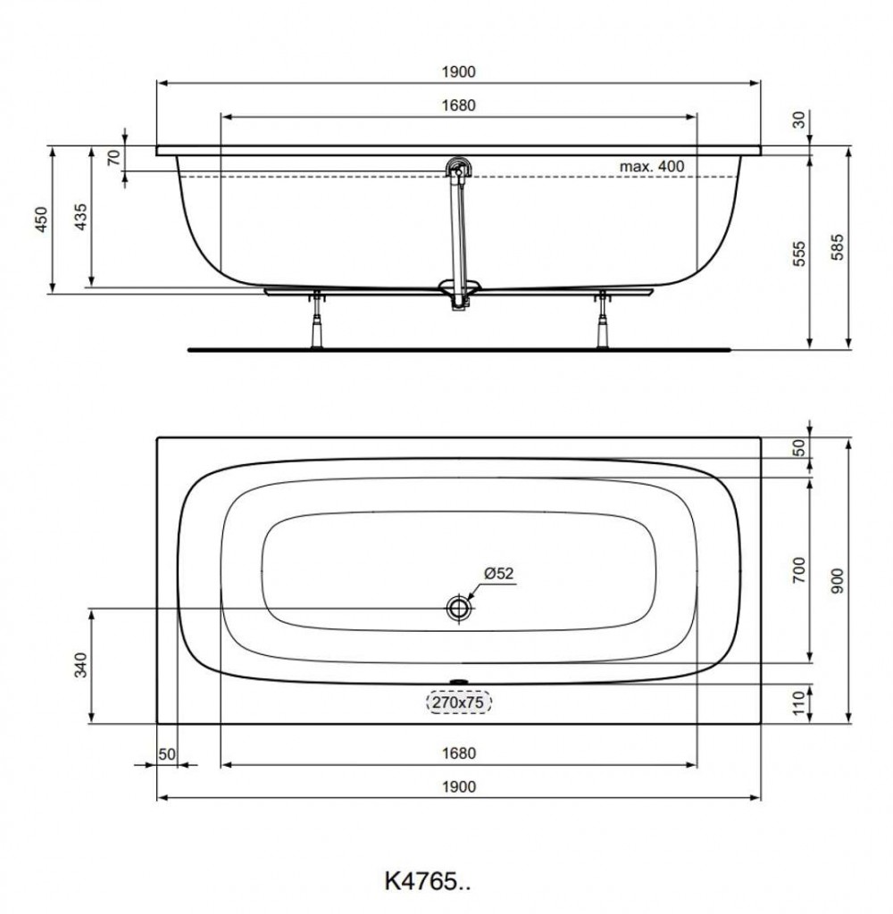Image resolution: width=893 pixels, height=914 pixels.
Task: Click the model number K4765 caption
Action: pos(427,881)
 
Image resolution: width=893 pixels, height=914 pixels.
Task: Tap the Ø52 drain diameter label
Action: pos(498,574)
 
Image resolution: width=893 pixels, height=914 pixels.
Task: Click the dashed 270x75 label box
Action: pos(459,702)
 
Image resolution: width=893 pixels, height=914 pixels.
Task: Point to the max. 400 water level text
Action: pos(652,167)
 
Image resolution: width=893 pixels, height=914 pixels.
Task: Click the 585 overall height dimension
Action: pos(837,247)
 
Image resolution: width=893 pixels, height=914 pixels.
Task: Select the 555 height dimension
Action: pos(799,253)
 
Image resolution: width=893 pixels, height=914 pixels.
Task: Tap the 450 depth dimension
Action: pos(41,220)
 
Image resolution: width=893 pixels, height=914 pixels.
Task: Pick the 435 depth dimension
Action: pos(80,217)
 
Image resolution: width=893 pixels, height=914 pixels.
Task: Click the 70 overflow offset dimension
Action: pos(114,157)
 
